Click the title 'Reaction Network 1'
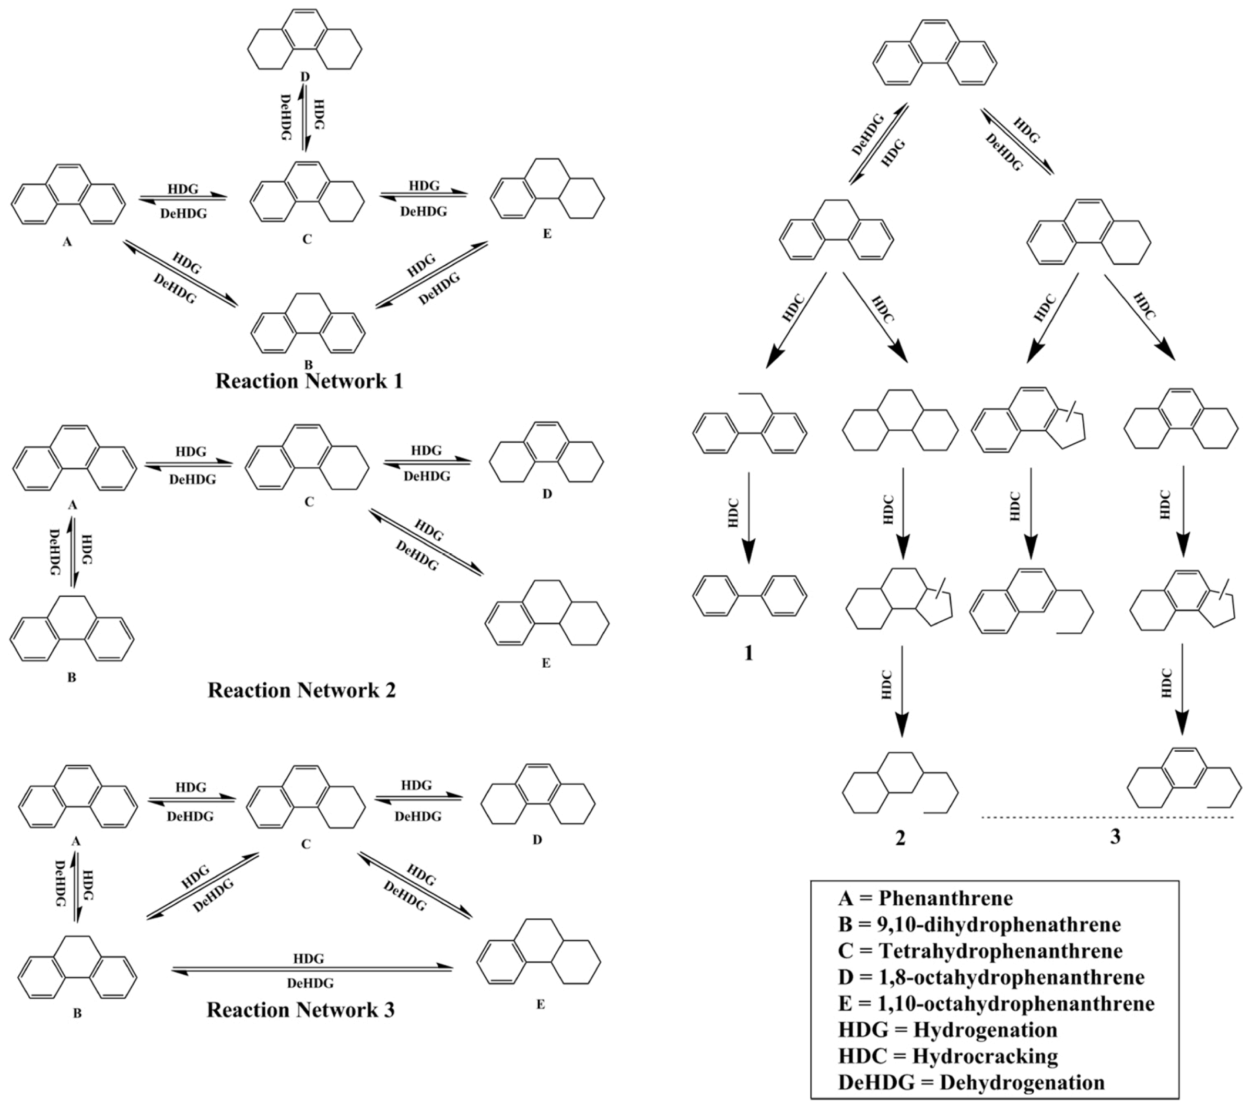point(309,381)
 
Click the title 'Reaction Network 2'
point(301,691)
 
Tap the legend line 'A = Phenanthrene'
point(926,898)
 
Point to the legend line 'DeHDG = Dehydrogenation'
point(972,1082)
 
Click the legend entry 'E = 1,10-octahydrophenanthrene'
point(996,1003)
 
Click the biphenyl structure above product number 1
point(749,595)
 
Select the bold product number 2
point(900,837)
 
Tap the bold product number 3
point(1115,836)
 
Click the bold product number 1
point(748,653)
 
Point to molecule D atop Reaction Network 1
point(305,40)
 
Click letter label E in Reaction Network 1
point(547,234)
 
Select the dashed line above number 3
point(1107,817)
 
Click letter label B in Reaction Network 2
point(72,678)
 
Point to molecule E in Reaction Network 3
point(539,952)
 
